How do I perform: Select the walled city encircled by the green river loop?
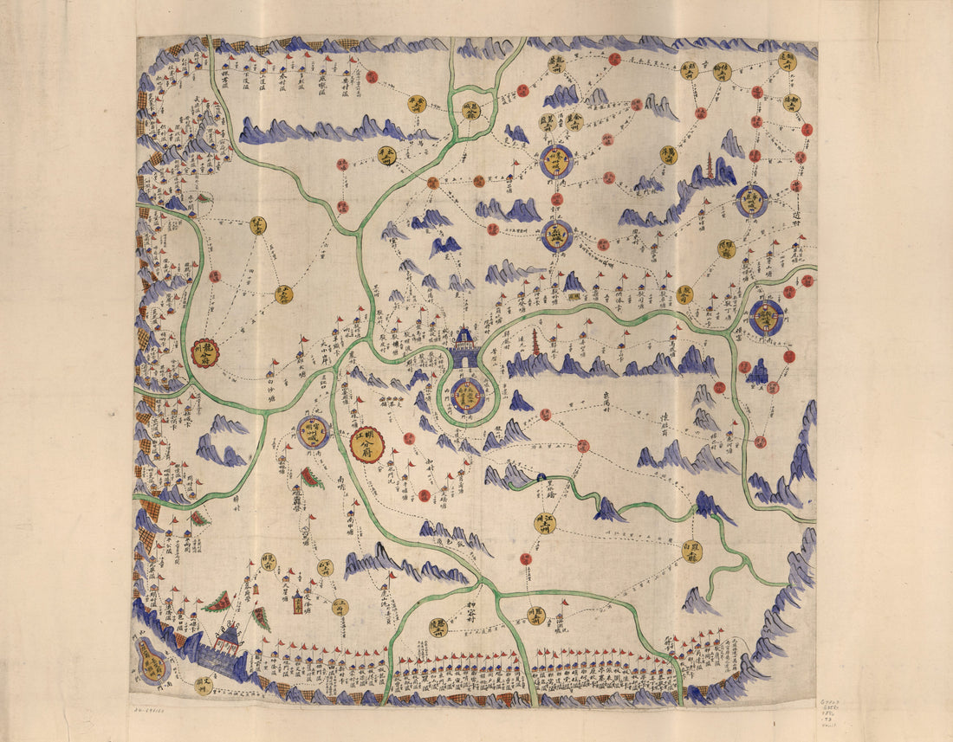[467, 395]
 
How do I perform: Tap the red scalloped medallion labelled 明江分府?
[367, 444]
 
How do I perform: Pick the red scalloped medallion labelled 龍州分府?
[204, 352]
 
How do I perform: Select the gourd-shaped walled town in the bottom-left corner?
[152, 665]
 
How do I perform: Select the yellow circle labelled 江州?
[544, 522]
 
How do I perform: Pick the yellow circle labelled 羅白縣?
[691, 552]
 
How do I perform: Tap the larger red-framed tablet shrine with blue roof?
[297, 601]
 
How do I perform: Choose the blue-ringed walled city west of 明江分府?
[312, 431]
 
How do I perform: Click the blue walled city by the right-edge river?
[766, 318]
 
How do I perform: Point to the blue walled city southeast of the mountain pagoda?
[751, 201]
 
